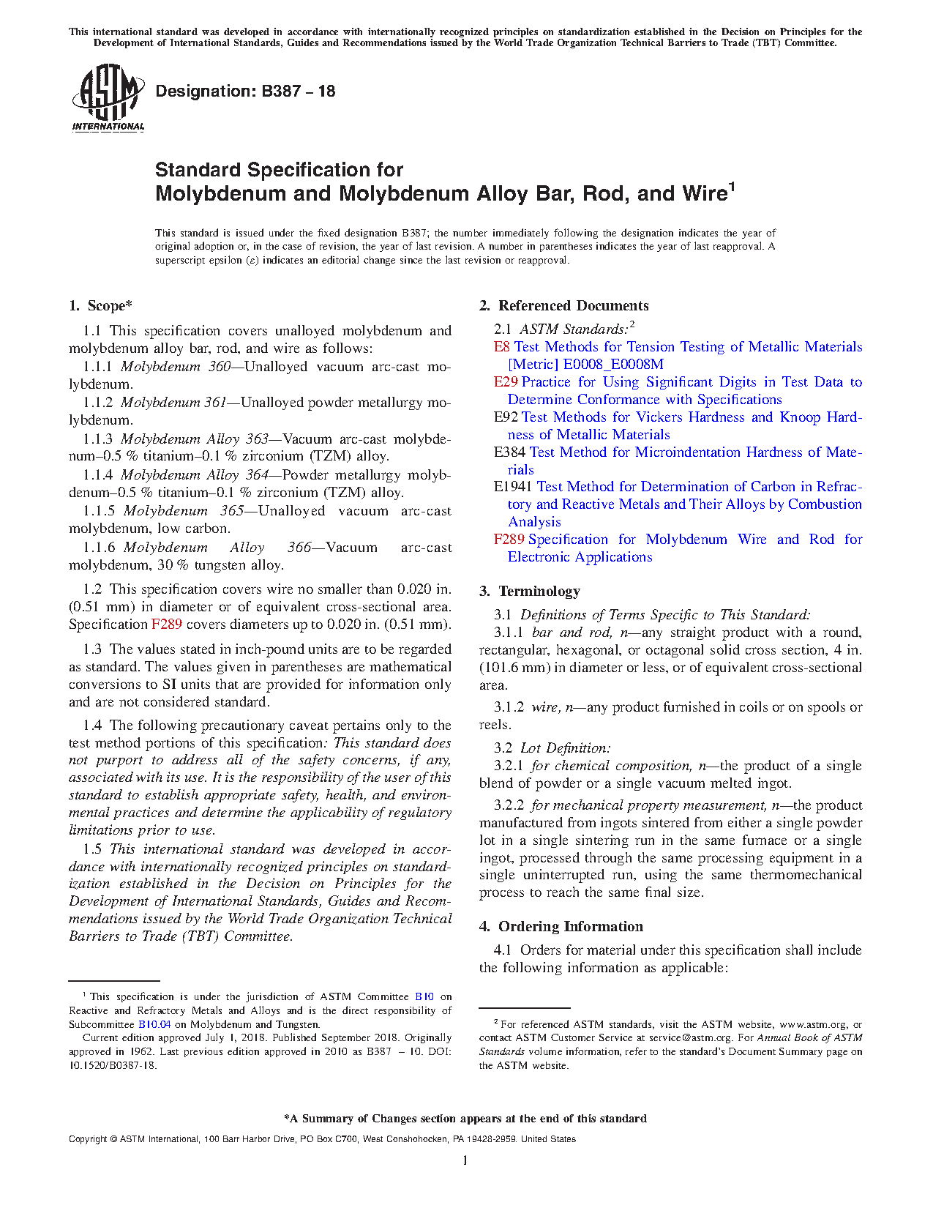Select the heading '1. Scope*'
100,306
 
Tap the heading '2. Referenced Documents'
563,306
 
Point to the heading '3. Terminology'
529,592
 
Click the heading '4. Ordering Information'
561,927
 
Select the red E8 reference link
501,347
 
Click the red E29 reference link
505,382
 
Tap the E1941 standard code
513,487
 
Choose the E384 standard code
509,452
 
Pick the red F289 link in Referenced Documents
509,540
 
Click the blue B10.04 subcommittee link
154,1024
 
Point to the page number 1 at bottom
465,1160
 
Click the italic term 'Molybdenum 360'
176,367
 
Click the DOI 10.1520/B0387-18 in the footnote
113,1065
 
